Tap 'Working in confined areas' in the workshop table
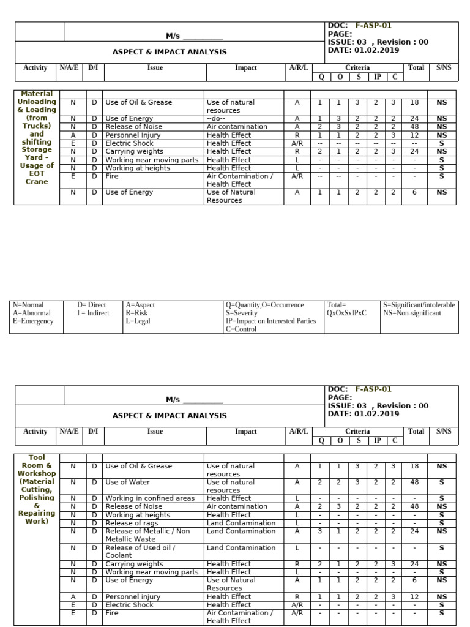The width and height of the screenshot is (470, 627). click(150, 498)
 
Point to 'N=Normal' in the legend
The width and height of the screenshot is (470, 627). click(28, 305)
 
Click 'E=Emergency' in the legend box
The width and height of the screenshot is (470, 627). click(33, 321)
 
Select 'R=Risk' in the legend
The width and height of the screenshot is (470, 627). click(136, 313)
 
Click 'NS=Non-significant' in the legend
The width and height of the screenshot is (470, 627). click(411, 313)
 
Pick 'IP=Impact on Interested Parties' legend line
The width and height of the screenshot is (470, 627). click(270, 321)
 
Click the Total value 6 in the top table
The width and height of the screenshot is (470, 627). click(415, 192)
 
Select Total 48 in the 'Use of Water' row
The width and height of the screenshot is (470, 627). click(415, 482)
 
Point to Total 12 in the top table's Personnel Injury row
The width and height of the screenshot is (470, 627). click(415, 135)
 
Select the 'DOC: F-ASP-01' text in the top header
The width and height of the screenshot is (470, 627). click(359, 26)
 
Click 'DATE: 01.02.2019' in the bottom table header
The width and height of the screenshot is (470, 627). click(364, 414)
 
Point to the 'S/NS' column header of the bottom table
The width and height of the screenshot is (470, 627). click(443, 431)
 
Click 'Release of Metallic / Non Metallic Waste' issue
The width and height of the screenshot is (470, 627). click(147, 535)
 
